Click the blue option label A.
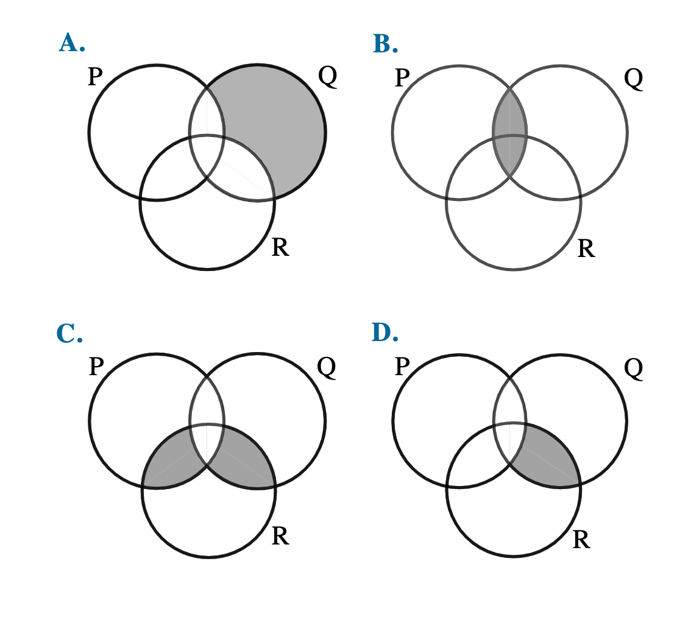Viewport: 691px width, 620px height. pos(72,43)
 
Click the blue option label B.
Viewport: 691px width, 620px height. pos(385,44)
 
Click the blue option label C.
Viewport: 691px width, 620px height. pos(69,333)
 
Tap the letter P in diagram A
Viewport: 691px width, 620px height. pos(95,77)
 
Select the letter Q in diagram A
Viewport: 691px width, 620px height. pos(327,77)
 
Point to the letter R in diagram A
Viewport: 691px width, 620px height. pos(280,247)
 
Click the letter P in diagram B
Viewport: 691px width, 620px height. pos(402,78)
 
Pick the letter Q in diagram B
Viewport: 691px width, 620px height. pos(633,79)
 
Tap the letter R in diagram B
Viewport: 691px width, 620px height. pos(586,248)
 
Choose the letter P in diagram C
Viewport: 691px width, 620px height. pos(96,367)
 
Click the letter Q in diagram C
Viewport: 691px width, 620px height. pos(327,367)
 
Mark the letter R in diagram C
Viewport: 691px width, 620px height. pos(280,537)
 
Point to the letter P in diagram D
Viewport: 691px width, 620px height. pos(402,367)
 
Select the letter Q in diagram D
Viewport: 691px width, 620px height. pos(633,368)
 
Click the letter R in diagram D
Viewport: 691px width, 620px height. pos(581,540)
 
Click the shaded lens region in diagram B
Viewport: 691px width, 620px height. pos(509,132)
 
